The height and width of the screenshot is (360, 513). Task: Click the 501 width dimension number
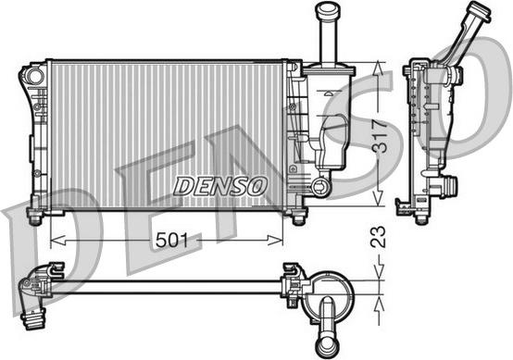(x=171, y=241)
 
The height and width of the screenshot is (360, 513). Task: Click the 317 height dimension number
(x=380, y=136)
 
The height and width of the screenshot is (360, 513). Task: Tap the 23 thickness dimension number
(x=378, y=237)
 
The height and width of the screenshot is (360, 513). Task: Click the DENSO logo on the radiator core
(x=219, y=186)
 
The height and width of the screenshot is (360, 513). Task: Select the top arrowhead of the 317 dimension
(x=378, y=68)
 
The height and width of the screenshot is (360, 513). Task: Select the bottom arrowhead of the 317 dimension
(x=378, y=199)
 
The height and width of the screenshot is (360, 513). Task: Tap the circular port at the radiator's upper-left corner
(x=34, y=77)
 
